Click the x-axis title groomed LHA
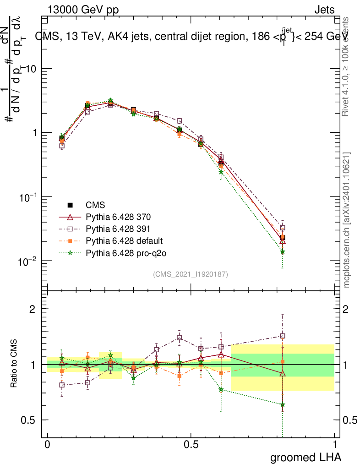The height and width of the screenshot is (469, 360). point(305,457)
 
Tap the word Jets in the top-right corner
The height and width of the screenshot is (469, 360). point(324,10)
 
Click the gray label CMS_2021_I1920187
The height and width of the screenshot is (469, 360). point(191,274)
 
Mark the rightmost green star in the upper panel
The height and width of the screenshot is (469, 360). point(283,252)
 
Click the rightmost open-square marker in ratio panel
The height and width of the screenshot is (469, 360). point(283,336)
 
